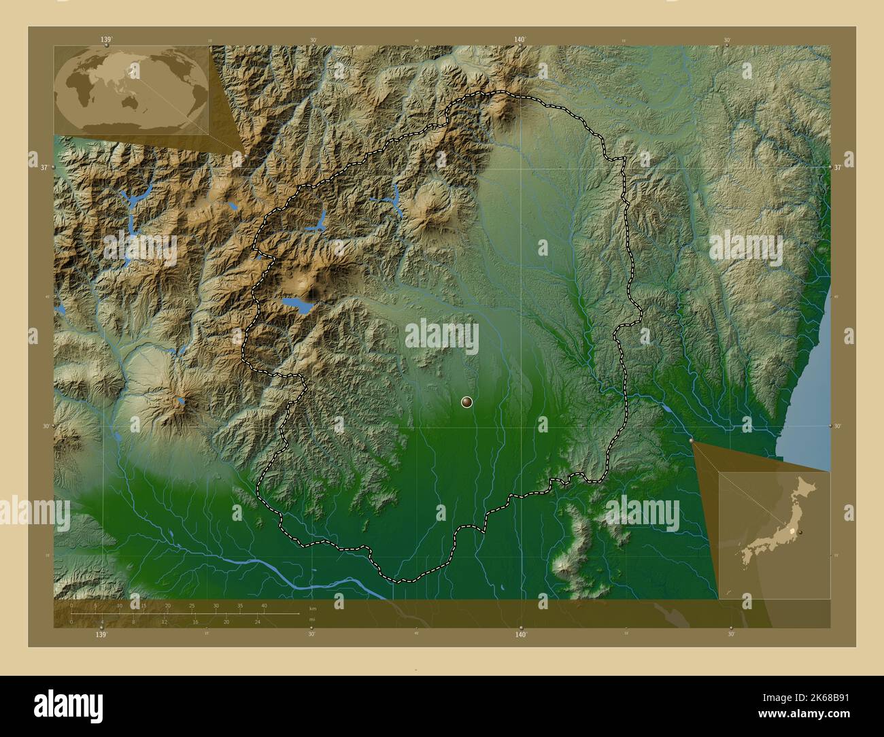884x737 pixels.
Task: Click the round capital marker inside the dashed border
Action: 466,402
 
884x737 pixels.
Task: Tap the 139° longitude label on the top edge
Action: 106,40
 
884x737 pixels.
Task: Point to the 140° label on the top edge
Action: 520,40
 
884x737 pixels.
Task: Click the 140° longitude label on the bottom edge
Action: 521,635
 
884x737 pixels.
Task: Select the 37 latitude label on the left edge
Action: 44,167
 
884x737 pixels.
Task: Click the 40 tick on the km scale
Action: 264,606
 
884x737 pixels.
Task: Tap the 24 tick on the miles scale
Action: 257,621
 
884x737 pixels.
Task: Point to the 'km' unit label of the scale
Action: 313,609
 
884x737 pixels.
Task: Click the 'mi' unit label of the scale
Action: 312,619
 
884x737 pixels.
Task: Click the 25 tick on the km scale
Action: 192,606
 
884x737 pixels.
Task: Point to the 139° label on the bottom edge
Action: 101,635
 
